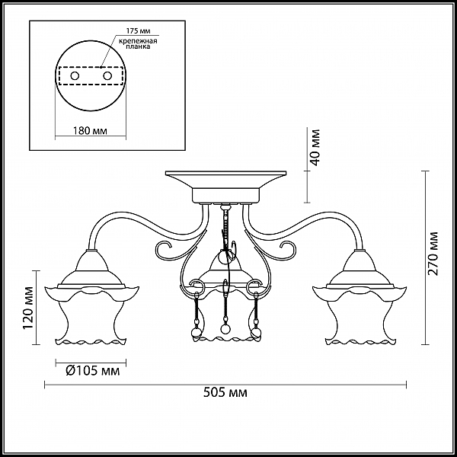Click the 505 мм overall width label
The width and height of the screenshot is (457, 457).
coord(225,392)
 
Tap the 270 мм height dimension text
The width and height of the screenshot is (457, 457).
coord(433,254)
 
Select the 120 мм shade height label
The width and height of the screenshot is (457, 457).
coord(28,308)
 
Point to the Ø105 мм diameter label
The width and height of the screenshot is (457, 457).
coord(93,371)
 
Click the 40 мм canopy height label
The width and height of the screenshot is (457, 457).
coord(315,147)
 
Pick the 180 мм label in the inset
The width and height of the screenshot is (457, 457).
coord(89,130)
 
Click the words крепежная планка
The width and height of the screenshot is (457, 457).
coord(138,43)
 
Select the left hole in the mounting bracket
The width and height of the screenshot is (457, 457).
coord(75,76)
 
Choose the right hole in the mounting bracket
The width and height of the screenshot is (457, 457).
coord(107,76)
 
